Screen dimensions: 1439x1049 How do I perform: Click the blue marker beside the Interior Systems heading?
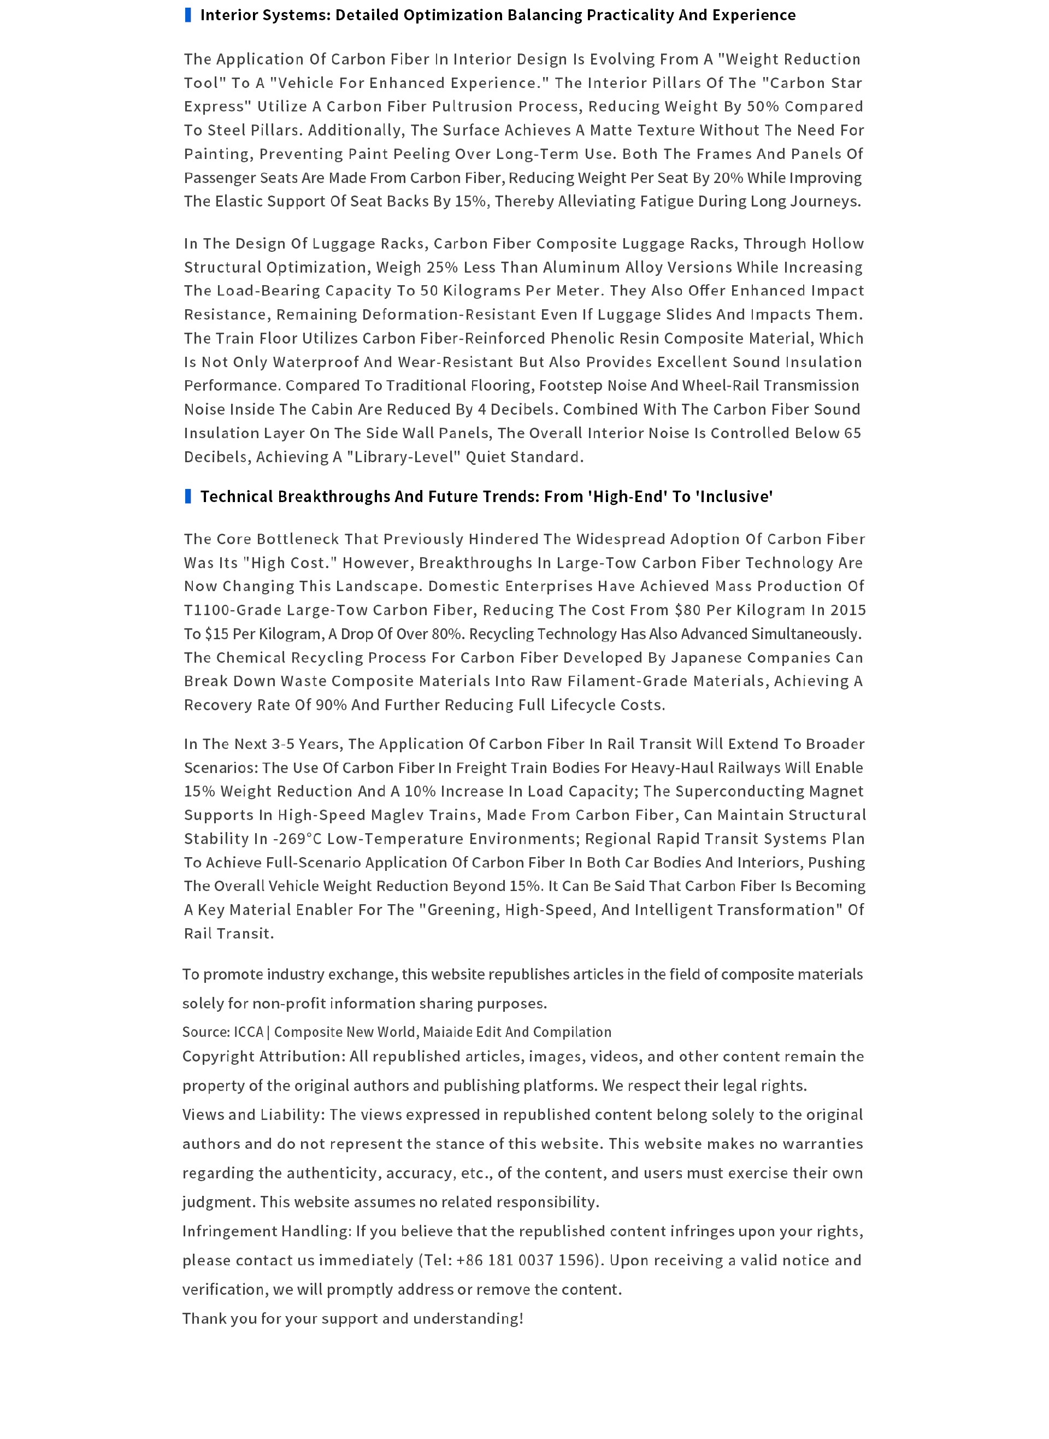click(x=187, y=15)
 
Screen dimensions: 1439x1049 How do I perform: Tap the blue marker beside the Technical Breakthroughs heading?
click(x=187, y=497)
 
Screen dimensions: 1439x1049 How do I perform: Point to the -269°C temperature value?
click(x=297, y=839)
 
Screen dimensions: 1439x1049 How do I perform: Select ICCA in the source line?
click(x=248, y=1032)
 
